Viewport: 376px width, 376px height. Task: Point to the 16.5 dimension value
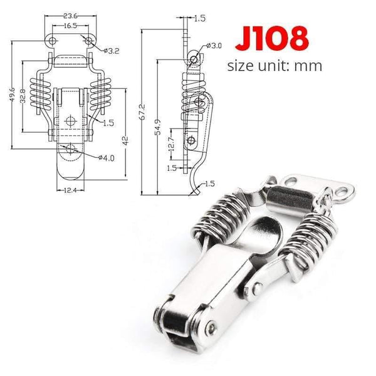pyautogui.click(x=70, y=26)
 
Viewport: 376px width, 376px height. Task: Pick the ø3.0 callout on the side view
pyautogui.click(x=214, y=46)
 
